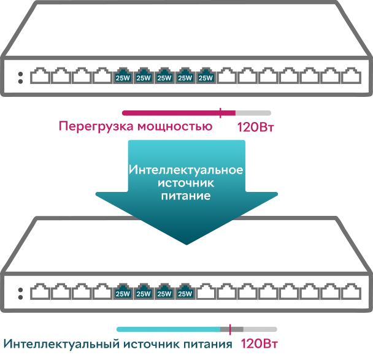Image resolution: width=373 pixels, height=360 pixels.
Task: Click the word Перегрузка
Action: click(96, 126)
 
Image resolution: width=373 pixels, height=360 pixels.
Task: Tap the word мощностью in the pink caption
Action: click(175, 126)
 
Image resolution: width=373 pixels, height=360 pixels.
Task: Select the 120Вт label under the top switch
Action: click(256, 127)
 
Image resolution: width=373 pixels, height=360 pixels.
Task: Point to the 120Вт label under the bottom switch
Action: click(260, 343)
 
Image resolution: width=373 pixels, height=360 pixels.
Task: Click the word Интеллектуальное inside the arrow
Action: click(186, 170)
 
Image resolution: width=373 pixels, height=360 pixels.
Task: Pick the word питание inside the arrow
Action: click(186, 196)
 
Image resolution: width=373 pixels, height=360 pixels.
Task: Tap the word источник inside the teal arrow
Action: click(186, 183)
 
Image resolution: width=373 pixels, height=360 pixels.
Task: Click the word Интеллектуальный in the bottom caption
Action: click(61, 344)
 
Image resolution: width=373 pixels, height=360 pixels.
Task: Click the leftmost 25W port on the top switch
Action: click(123, 75)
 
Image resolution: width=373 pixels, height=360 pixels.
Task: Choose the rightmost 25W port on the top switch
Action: click(206, 75)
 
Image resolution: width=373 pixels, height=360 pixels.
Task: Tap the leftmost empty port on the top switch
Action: click(40, 75)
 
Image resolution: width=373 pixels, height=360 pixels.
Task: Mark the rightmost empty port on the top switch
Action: click(351, 75)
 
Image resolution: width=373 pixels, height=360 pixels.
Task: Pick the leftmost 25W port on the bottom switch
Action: click(123, 291)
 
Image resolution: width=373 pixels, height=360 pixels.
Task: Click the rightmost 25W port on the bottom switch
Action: click(185, 291)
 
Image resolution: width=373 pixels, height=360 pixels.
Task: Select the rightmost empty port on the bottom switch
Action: click(351, 291)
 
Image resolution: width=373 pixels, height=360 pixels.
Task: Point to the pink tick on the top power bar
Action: click(220, 113)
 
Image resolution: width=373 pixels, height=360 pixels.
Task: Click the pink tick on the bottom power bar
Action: click(230, 329)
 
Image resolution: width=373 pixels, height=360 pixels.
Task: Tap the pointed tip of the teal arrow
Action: click(186, 245)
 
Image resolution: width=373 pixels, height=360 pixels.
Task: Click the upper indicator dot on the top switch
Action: click(20, 74)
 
